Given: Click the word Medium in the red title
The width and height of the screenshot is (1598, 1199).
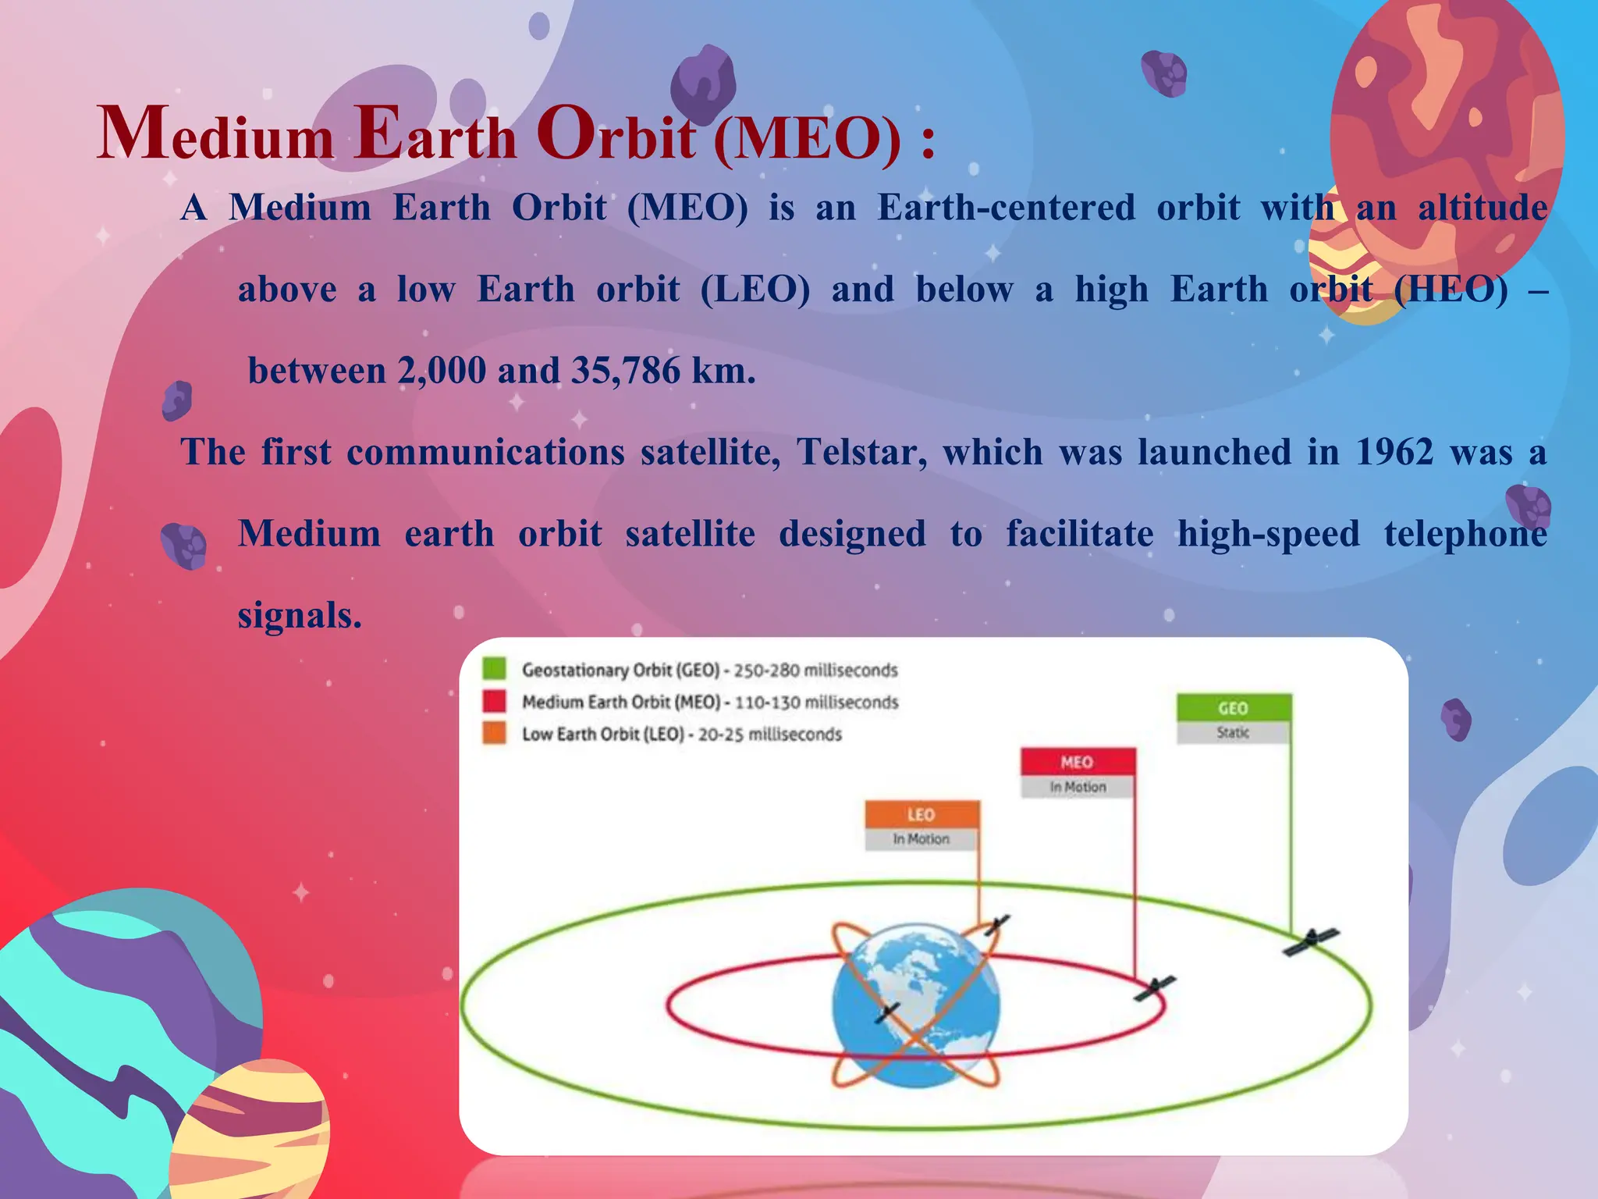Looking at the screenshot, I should [x=215, y=135].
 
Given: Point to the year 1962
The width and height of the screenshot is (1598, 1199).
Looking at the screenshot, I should [x=1394, y=452].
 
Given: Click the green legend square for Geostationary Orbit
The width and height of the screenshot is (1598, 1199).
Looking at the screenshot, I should [x=494, y=669].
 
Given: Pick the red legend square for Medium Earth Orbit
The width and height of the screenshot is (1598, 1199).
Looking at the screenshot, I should [x=494, y=701].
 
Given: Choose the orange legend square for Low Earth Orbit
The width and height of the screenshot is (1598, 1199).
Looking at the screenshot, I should [x=494, y=733].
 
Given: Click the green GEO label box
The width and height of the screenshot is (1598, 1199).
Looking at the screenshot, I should [x=1233, y=708].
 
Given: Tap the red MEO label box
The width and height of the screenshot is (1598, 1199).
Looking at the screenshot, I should [x=1077, y=762].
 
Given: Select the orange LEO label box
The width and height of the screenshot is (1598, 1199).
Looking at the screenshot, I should [x=921, y=814].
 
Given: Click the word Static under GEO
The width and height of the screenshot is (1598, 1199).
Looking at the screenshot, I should [x=1233, y=732].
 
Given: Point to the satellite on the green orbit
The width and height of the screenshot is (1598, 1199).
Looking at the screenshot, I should [x=1311, y=941].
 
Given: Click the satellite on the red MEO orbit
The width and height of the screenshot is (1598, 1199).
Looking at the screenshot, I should [x=1155, y=988].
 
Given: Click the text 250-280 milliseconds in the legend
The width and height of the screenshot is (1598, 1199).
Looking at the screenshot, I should [x=815, y=671].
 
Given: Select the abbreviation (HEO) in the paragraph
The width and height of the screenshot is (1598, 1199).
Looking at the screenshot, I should [x=1451, y=290].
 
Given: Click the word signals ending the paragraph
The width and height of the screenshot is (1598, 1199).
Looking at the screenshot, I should [x=300, y=616].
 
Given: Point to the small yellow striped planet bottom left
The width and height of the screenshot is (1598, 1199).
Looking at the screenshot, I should [x=250, y=1132].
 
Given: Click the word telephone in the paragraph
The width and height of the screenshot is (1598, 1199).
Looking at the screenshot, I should [x=1465, y=534].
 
